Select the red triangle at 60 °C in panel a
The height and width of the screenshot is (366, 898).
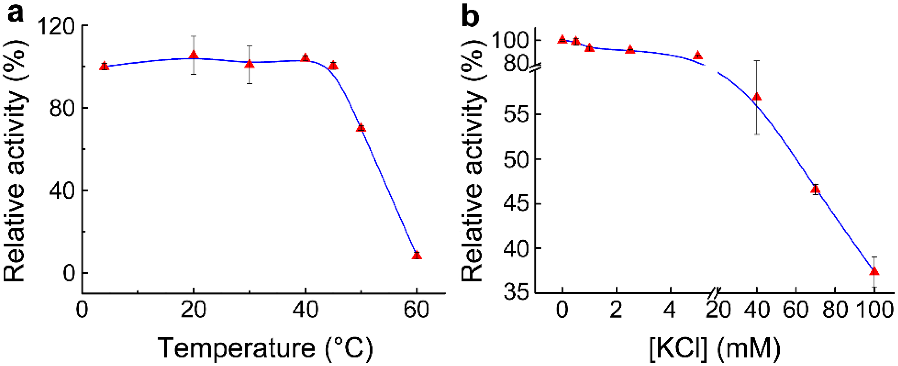pyautogui.click(x=417, y=255)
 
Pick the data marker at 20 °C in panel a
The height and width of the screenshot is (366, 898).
pyautogui.click(x=193, y=55)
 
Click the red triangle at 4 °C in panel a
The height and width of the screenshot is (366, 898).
pyautogui.click(x=104, y=66)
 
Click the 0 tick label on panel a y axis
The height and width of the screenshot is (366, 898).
pyautogui.click(x=69, y=274)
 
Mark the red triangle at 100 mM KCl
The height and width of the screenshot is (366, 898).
pyautogui.click(x=874, y=271)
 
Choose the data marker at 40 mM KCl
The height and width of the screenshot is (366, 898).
pyautogui.click(x=757, y=97)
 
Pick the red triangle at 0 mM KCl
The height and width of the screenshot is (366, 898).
pyautogui.click(x=562, y=39)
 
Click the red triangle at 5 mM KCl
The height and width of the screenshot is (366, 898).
pyautogui.click(x=697, y=55)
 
